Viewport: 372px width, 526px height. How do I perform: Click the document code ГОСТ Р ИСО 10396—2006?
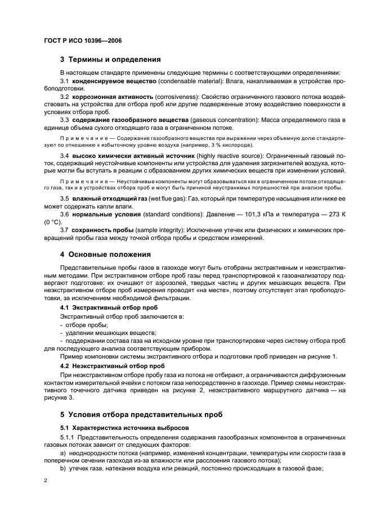83,41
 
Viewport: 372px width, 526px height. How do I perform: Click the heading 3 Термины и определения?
110,58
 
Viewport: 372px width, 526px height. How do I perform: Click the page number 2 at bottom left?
47,481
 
